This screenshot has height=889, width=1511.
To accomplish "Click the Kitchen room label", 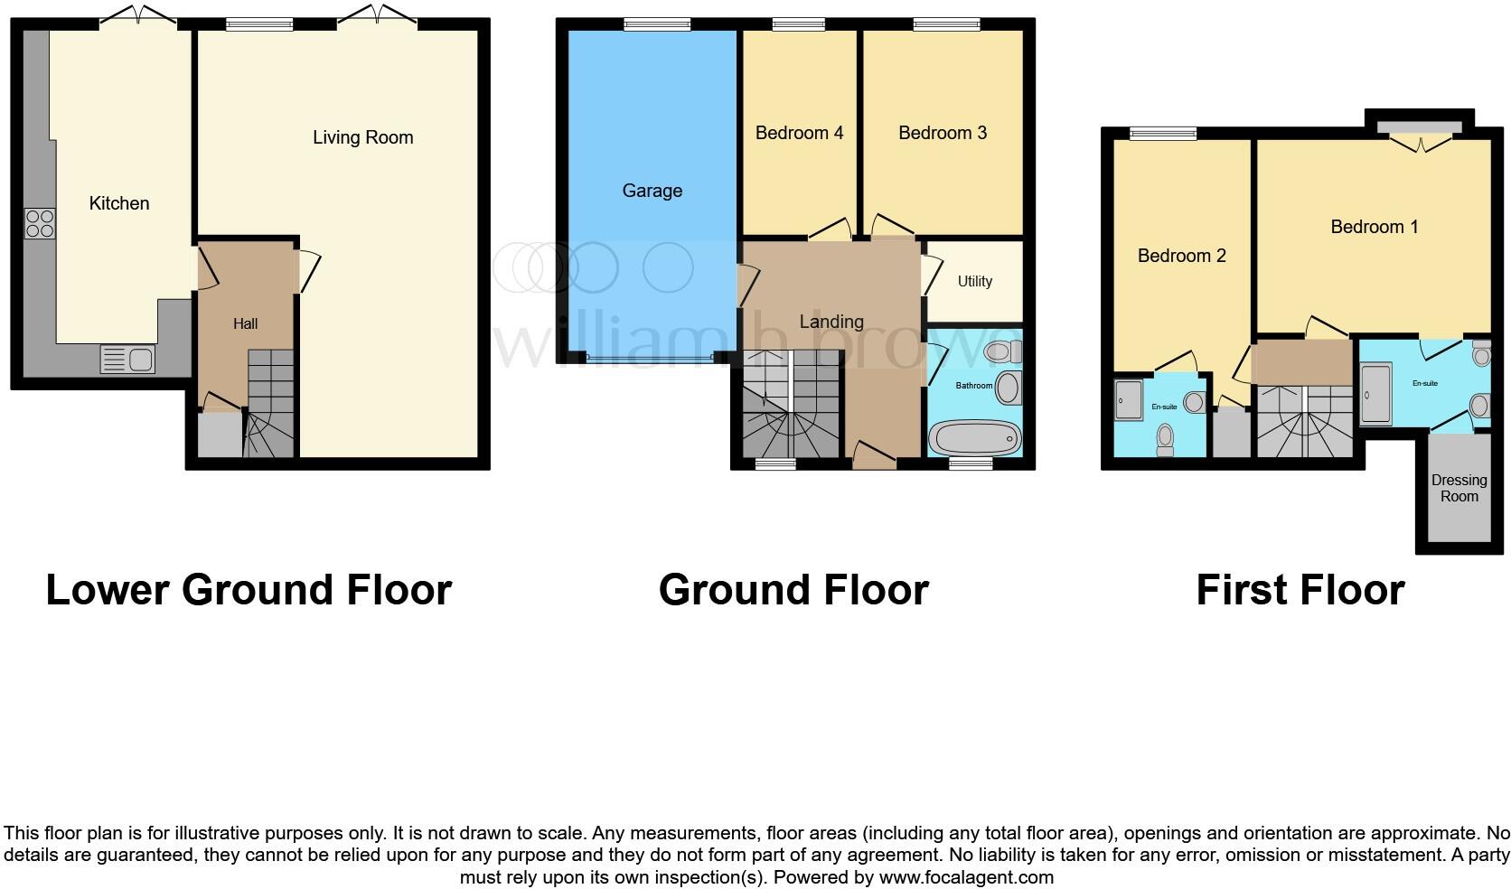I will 118,203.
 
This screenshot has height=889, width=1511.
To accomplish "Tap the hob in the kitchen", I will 40,223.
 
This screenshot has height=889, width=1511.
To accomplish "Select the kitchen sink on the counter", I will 127,360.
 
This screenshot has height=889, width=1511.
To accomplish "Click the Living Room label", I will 362,137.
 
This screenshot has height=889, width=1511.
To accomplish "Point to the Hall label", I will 245,323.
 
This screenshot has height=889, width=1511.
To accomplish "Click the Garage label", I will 652,191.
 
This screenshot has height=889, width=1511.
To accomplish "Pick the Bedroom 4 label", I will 799,133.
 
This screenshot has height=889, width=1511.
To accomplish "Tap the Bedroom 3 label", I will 942,133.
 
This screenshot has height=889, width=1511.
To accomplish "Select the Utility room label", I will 974,281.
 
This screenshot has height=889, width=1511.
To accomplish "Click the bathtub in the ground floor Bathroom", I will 975,439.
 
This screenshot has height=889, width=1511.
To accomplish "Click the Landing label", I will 831,322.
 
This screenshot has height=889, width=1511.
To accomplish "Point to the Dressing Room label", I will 1459,488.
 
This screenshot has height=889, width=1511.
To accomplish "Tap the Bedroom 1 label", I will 1374,227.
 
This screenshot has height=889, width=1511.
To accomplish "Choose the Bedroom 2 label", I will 1181,256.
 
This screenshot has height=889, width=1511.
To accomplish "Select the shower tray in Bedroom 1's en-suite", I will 1376,394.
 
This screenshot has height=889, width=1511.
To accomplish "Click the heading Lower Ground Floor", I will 249,590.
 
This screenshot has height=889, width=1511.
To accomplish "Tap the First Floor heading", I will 1300,590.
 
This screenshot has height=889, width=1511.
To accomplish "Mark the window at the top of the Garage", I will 657,25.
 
